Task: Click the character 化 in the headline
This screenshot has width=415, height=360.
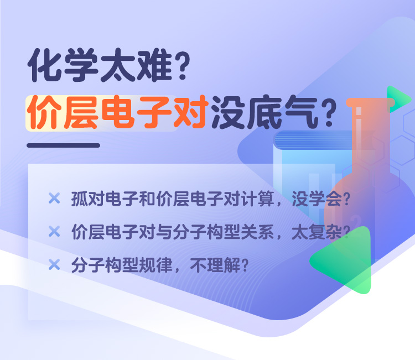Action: (x=44, y=65)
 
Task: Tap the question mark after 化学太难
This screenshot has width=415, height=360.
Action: (x=183, y=65)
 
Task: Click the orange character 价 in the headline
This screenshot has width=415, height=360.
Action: (x=44, y=112)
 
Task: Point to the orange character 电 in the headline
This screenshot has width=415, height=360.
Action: (x=117, y=112)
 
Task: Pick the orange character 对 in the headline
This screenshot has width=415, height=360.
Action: (x=189, y=112)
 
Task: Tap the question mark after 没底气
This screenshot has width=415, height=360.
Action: (x=329, y=113)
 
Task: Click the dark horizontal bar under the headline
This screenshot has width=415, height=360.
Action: (x=63, y=145)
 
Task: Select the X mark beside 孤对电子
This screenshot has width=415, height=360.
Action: (x=54, y=198)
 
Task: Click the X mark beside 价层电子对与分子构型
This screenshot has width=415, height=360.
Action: (x=54, y=231)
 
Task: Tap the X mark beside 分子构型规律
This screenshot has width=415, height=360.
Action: (x=54, y=264)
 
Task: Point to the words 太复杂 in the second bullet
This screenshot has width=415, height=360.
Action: (x=317, y=232)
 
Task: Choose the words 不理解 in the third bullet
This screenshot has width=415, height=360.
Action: (x=215, y=265)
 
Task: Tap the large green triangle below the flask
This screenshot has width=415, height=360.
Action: (x=344, y=260)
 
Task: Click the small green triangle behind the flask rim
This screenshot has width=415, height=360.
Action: (x=397, y=99)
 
